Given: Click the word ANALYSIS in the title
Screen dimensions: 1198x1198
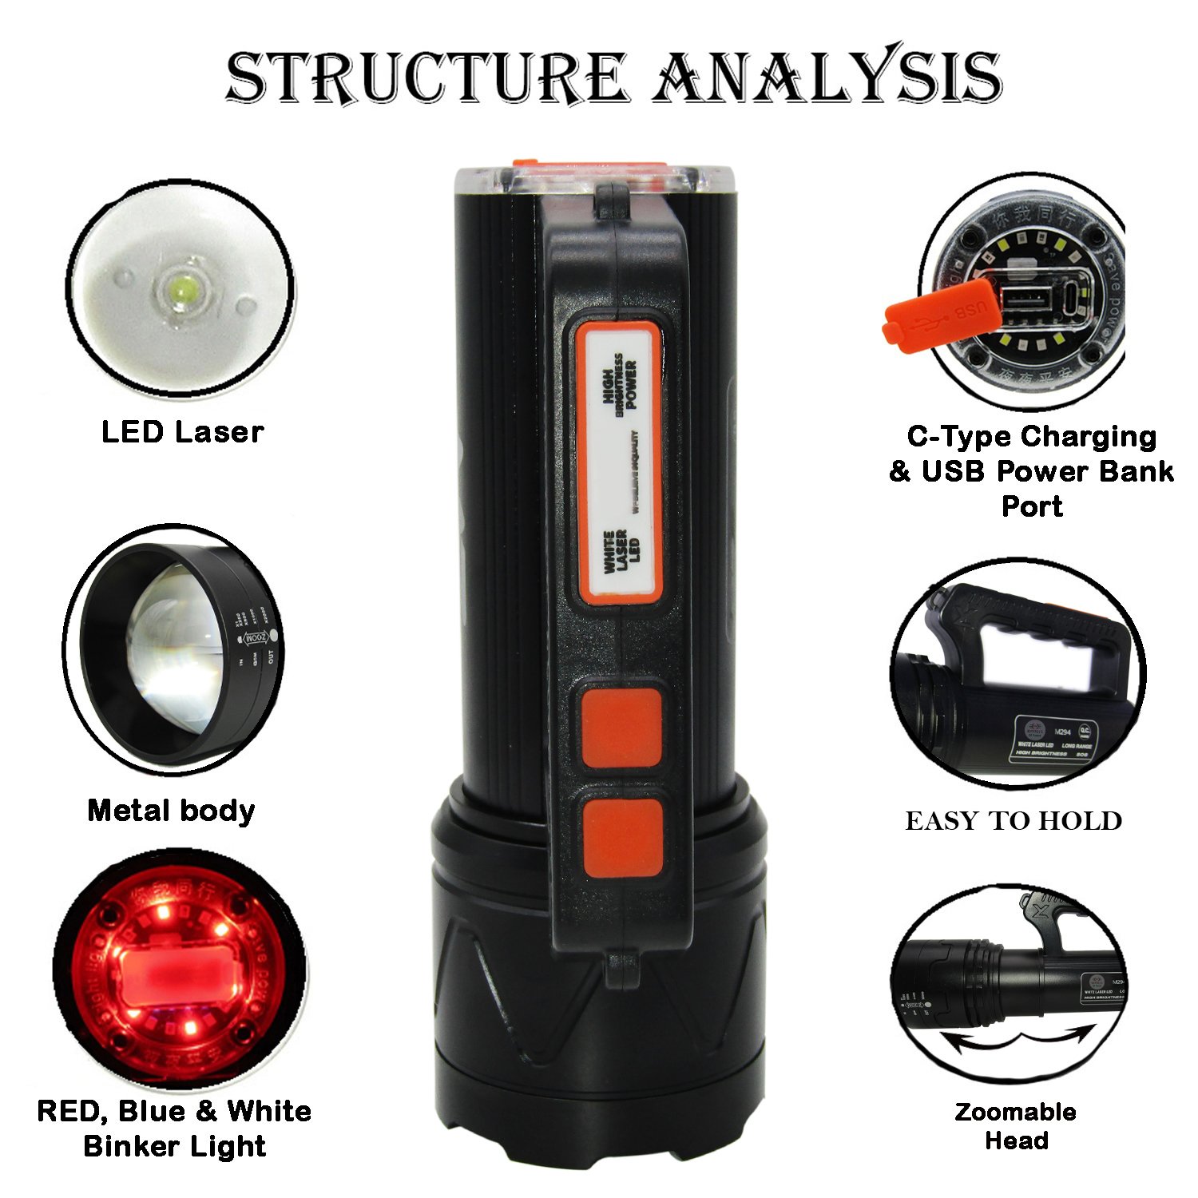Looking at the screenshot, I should click(x=827, y=77).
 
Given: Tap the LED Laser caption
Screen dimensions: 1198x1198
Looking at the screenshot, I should click(x=182, y=432).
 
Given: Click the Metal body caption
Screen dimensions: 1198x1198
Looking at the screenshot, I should click(x=171, y=811).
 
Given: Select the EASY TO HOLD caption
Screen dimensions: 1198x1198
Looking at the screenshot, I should click(x=1014, y=821).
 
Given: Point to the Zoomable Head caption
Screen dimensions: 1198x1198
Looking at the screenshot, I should click(x=1015, y=1125).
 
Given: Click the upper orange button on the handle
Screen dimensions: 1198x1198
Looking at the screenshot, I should click(x=621, y=728).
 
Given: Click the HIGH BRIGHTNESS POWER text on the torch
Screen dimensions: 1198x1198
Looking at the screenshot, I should click(x=621, y=383).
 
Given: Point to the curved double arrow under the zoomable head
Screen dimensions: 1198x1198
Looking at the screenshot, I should click(x=1016, y=1043).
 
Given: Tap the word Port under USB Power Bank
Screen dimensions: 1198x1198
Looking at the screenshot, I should click(x=1032, y=506).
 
